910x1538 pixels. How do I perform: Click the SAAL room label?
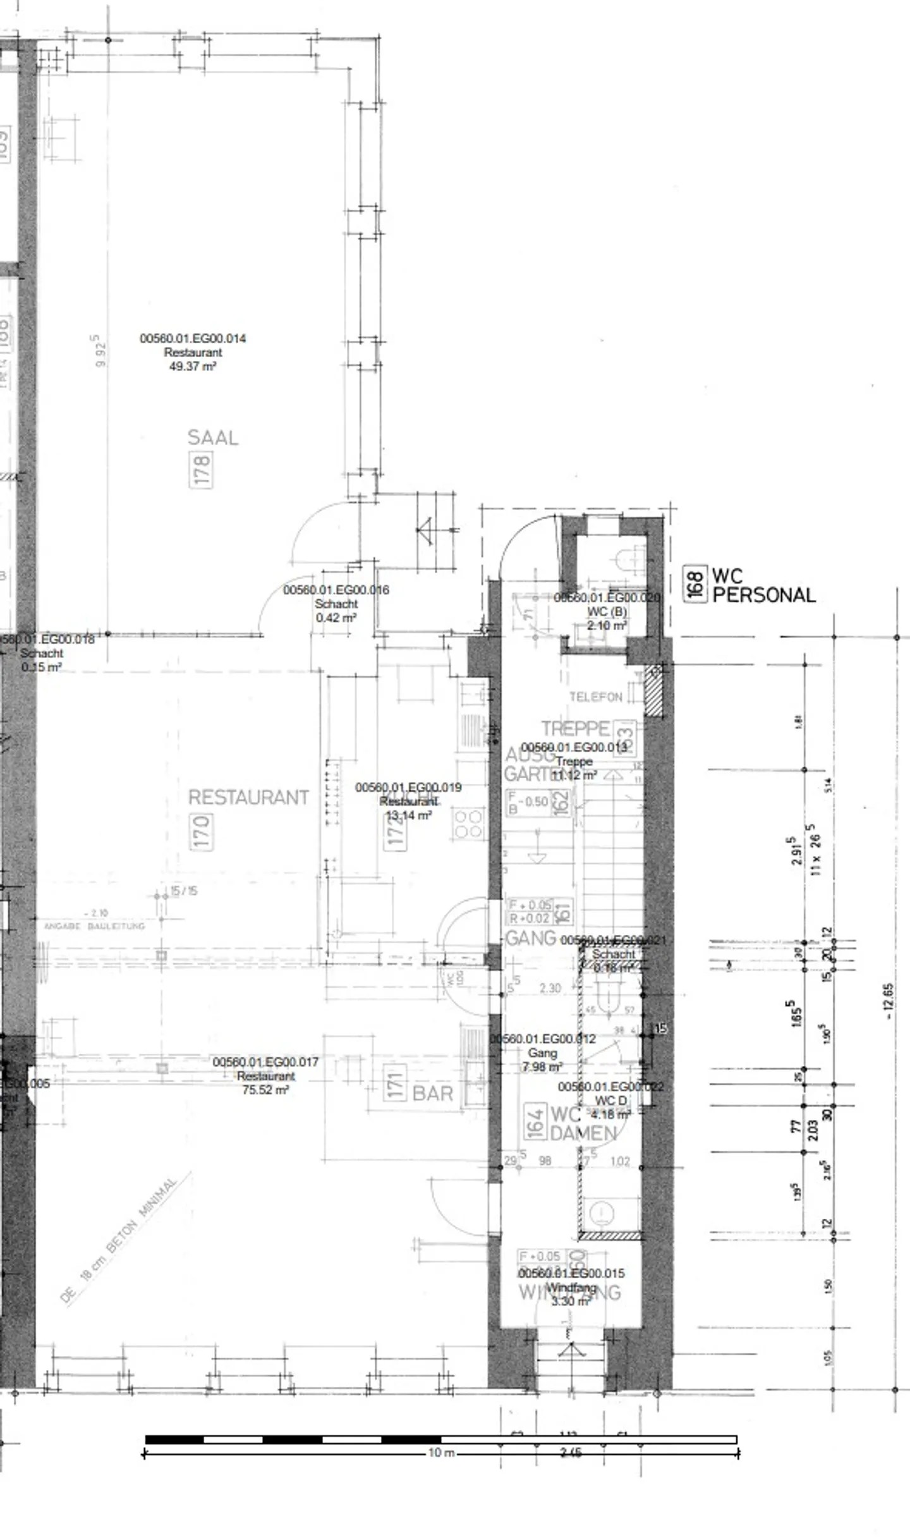point(213,437)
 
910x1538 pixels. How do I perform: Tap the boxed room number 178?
point(201,469)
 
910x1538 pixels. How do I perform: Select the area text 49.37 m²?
point(193,366)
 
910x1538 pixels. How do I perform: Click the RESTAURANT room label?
point(248,797)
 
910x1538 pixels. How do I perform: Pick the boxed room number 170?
point(201,832)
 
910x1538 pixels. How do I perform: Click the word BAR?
point(433,1093)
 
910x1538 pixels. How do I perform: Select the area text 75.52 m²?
point(265,1090)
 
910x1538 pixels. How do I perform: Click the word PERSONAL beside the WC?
point(764,595)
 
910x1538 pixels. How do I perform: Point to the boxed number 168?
point(695,584)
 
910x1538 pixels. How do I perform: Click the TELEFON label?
point(595,697)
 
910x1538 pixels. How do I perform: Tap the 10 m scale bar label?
point(441,1453)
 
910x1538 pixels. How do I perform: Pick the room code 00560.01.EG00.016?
point(336,590)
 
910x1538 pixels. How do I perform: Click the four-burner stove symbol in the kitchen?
point(468,824)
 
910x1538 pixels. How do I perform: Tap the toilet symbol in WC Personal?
point(628,559)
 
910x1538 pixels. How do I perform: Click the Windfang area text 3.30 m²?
point(571,1302)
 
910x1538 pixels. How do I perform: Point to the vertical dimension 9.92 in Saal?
point(99,351)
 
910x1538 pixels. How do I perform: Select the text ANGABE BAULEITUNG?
point(94,926)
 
